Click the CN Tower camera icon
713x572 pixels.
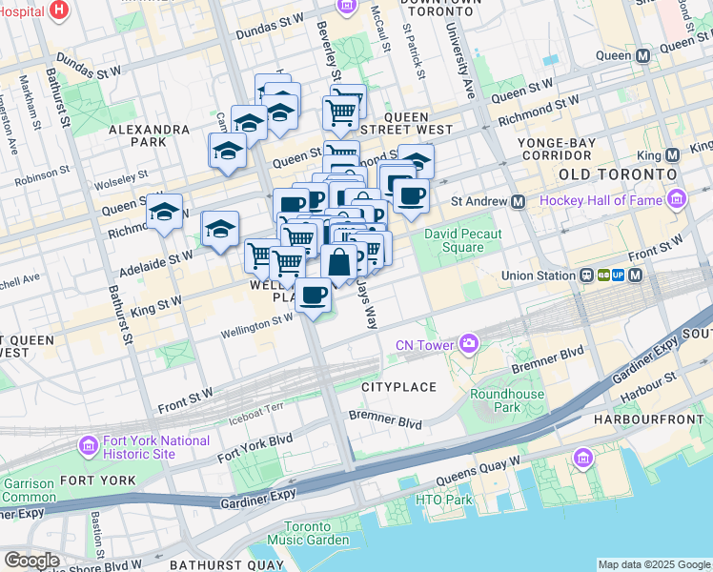coord(468,343)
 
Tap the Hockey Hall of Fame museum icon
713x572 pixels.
coord(677,199)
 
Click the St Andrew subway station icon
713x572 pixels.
coord(519,202)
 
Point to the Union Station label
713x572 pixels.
coord(540,276)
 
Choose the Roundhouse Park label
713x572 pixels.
coord(507,400)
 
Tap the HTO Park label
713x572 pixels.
coord(444,500)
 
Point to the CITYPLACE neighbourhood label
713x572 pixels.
coord(398,387)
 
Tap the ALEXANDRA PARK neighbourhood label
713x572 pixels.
coord(149,135)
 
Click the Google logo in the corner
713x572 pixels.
coord(31,560)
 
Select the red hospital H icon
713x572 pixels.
coord(60,10)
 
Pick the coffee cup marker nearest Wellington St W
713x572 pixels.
coord(313,294)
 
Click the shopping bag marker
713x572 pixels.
coord(338,262)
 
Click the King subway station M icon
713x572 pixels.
coord(673,154)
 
